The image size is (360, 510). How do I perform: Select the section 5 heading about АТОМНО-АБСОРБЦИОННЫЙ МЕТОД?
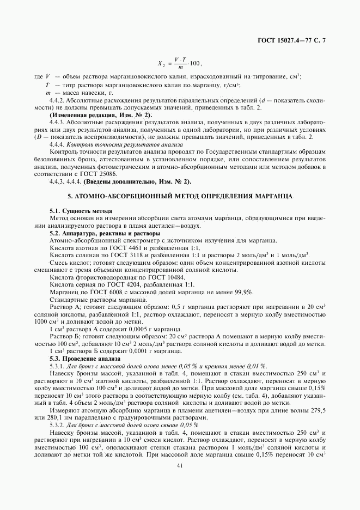pos(180,195)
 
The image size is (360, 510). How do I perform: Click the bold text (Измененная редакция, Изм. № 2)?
pos(101,116)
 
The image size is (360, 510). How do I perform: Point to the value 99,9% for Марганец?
pos(244,292)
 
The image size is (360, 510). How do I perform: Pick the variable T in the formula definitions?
pos(47,85)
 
